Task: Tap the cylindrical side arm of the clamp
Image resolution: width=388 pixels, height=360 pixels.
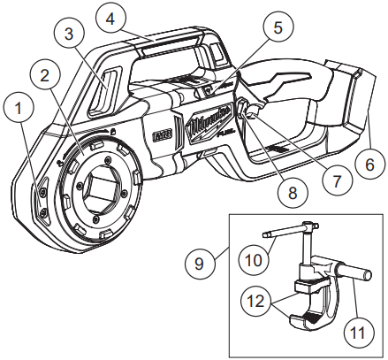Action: pos(349,282)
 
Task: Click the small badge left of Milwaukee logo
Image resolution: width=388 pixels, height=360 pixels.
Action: pos(162,136)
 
